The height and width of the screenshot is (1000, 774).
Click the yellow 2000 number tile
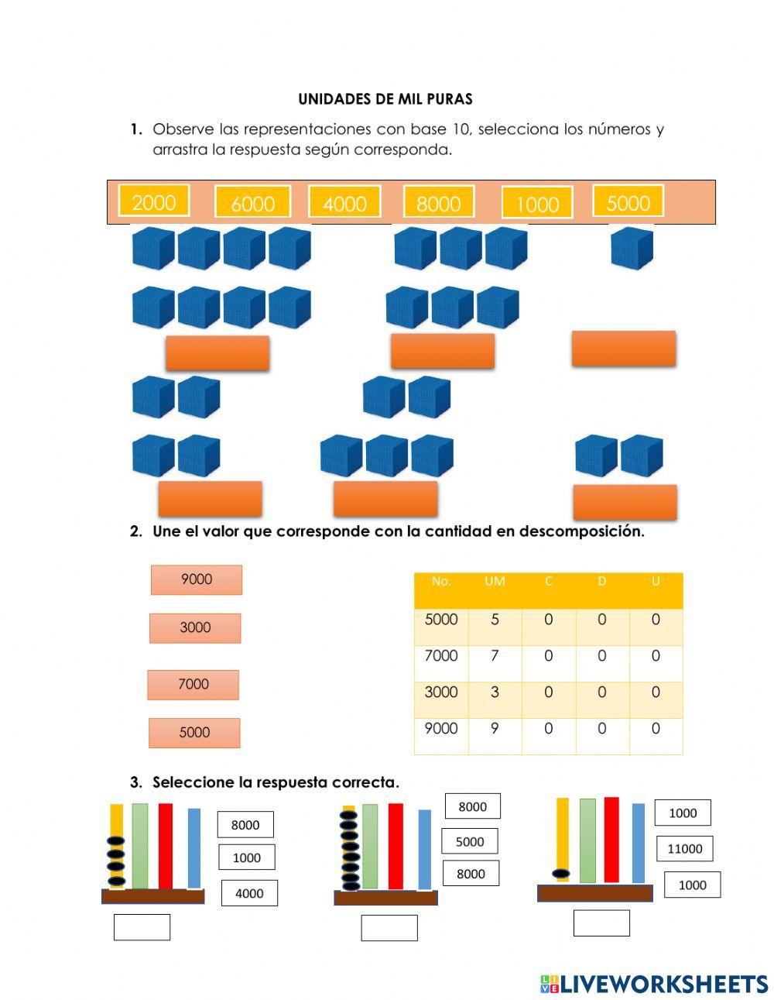tap(153, 200)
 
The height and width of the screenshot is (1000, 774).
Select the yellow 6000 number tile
tap(253, 201)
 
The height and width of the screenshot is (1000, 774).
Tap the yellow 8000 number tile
tap(439, 201)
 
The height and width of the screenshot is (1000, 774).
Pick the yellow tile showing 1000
tap(537, 202)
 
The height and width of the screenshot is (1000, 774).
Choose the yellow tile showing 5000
tap(628, 200)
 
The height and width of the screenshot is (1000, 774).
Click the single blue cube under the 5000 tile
tap(632, 248)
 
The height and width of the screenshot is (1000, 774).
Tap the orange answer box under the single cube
tap(624, 349)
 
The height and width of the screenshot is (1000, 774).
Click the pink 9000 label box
tap(197, 579)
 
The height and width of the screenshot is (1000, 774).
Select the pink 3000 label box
tap(195, 628)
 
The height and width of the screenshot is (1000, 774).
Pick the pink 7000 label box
tap(193, 685)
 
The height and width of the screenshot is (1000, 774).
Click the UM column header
tap(495, 581)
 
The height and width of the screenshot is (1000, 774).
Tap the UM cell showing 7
tap(495, 655)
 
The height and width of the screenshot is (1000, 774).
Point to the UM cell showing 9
tap(495, 728)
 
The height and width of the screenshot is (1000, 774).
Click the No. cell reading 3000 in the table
tap(441, 692)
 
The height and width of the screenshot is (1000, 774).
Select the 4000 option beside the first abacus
tap(249, 893)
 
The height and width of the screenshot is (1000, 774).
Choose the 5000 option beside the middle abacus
tap(470, 842)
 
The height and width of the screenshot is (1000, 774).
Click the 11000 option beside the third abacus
tap(685, 849)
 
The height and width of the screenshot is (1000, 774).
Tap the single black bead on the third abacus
tap(560, 874)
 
